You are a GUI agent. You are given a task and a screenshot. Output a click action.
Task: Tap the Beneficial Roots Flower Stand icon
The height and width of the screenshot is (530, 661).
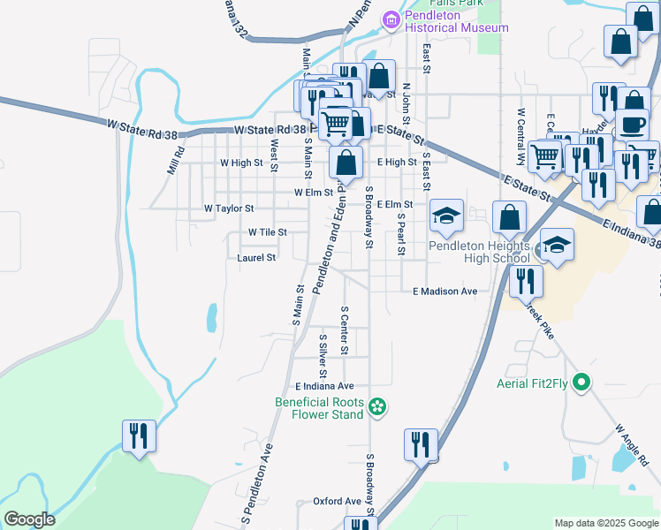[377, 406]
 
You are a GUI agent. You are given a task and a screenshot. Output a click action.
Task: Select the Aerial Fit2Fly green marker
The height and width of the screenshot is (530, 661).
[581, 382]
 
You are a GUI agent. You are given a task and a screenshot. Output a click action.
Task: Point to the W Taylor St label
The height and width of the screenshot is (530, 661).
[229, 209]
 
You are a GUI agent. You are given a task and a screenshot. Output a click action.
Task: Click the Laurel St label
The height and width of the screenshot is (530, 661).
[257, 258]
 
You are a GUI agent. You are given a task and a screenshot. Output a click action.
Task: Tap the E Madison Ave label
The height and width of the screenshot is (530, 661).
[444, 291]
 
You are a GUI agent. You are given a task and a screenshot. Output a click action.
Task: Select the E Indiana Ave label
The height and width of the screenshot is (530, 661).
[324, 386]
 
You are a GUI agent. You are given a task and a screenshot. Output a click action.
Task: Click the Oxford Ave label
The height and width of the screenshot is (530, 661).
[338, 501]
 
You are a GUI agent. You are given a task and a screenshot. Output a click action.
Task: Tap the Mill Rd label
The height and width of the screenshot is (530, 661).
[176, 160]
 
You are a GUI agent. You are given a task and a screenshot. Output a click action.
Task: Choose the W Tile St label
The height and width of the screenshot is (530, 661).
[267, 232]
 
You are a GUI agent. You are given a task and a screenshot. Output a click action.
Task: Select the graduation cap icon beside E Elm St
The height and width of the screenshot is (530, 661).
[447, 216]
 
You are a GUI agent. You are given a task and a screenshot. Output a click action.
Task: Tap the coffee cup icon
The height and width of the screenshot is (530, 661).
[633, 125]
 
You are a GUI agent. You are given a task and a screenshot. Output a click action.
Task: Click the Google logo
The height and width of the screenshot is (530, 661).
[29, 519]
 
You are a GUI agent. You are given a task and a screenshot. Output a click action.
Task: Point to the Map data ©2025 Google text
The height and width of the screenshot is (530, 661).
[605, 523]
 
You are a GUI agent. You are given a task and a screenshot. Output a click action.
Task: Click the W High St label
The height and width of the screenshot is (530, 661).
[241, 163]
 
